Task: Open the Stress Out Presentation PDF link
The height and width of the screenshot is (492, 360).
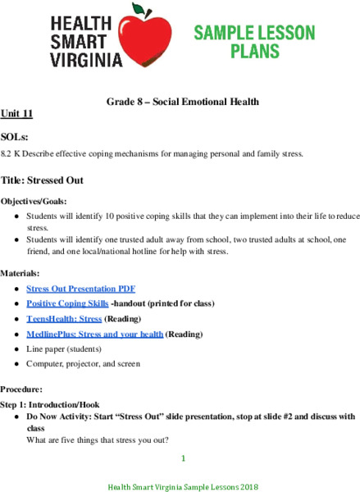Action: pos(80,289)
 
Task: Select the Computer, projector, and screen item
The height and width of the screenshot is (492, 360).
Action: pos(83,363)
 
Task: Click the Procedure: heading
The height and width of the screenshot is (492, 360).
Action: pos(22,389)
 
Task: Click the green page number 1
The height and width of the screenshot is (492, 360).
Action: pos(184,458)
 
